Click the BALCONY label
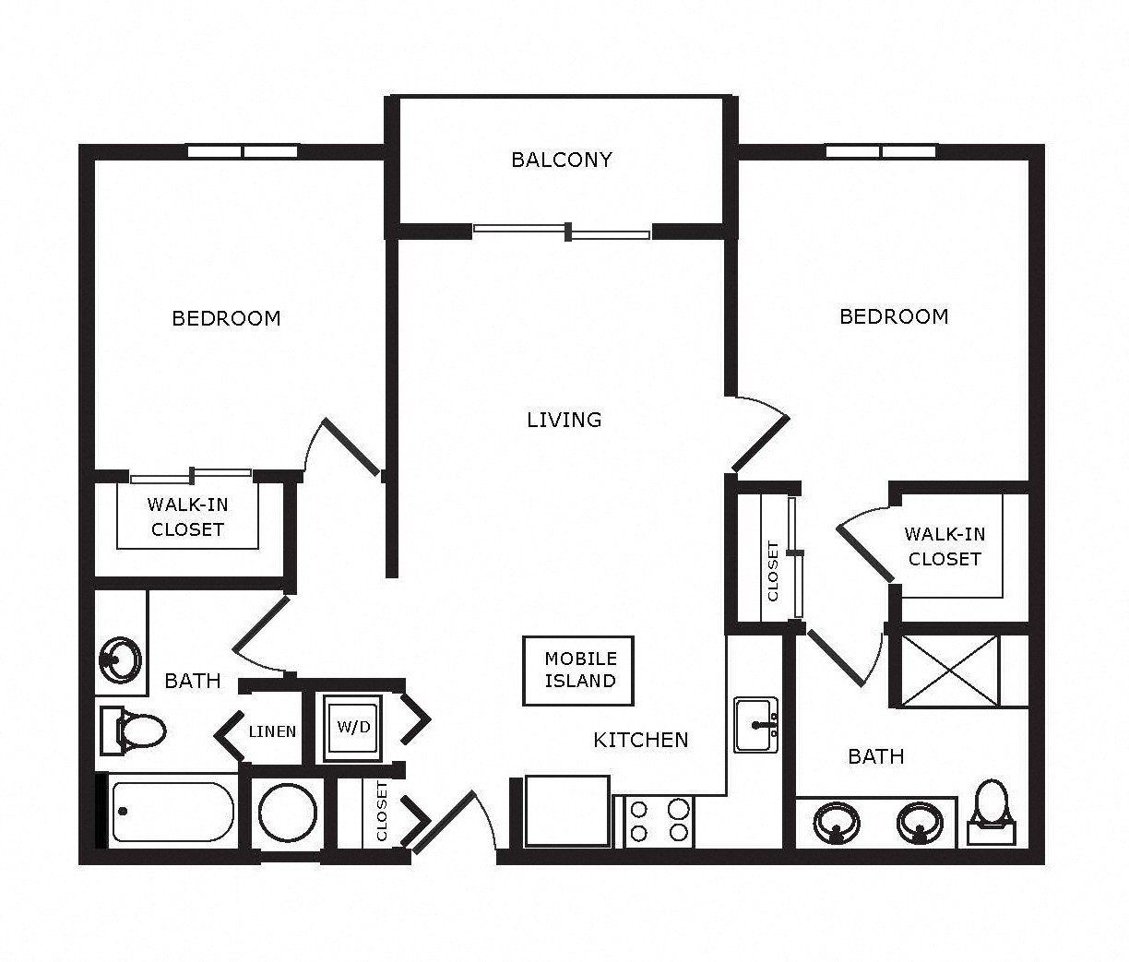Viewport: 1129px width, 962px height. click(x=562, y=160)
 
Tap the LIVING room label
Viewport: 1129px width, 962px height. click(x=564, y=420)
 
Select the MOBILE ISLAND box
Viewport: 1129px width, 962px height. click(x=578, y=671)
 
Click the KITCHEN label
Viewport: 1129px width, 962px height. click(x=641, y=740)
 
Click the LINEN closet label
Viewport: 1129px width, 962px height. click(x=272, y=731)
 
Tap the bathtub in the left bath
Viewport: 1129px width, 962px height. click(x=172, y=812)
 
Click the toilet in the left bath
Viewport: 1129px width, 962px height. click(x=133, y=730)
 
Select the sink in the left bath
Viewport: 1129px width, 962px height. click(x=121, y=659)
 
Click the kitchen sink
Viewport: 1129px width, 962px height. click(x=756, y=725)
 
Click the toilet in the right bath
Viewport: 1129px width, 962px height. click(x=992, y=812)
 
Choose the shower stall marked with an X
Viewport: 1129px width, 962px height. click(x=950, y=671)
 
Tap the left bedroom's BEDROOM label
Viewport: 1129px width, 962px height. click(x=226, y=318)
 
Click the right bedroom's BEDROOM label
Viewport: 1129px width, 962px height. click(x=894, y=317)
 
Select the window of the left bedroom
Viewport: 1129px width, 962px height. click(x=243, y=151)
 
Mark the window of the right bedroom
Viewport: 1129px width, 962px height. click(x=881, y=151)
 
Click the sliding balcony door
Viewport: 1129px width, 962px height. click(x=562, y=232)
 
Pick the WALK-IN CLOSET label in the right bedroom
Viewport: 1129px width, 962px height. click(x=945, y=546)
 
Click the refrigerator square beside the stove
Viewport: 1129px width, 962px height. click(x=567, y=812)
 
